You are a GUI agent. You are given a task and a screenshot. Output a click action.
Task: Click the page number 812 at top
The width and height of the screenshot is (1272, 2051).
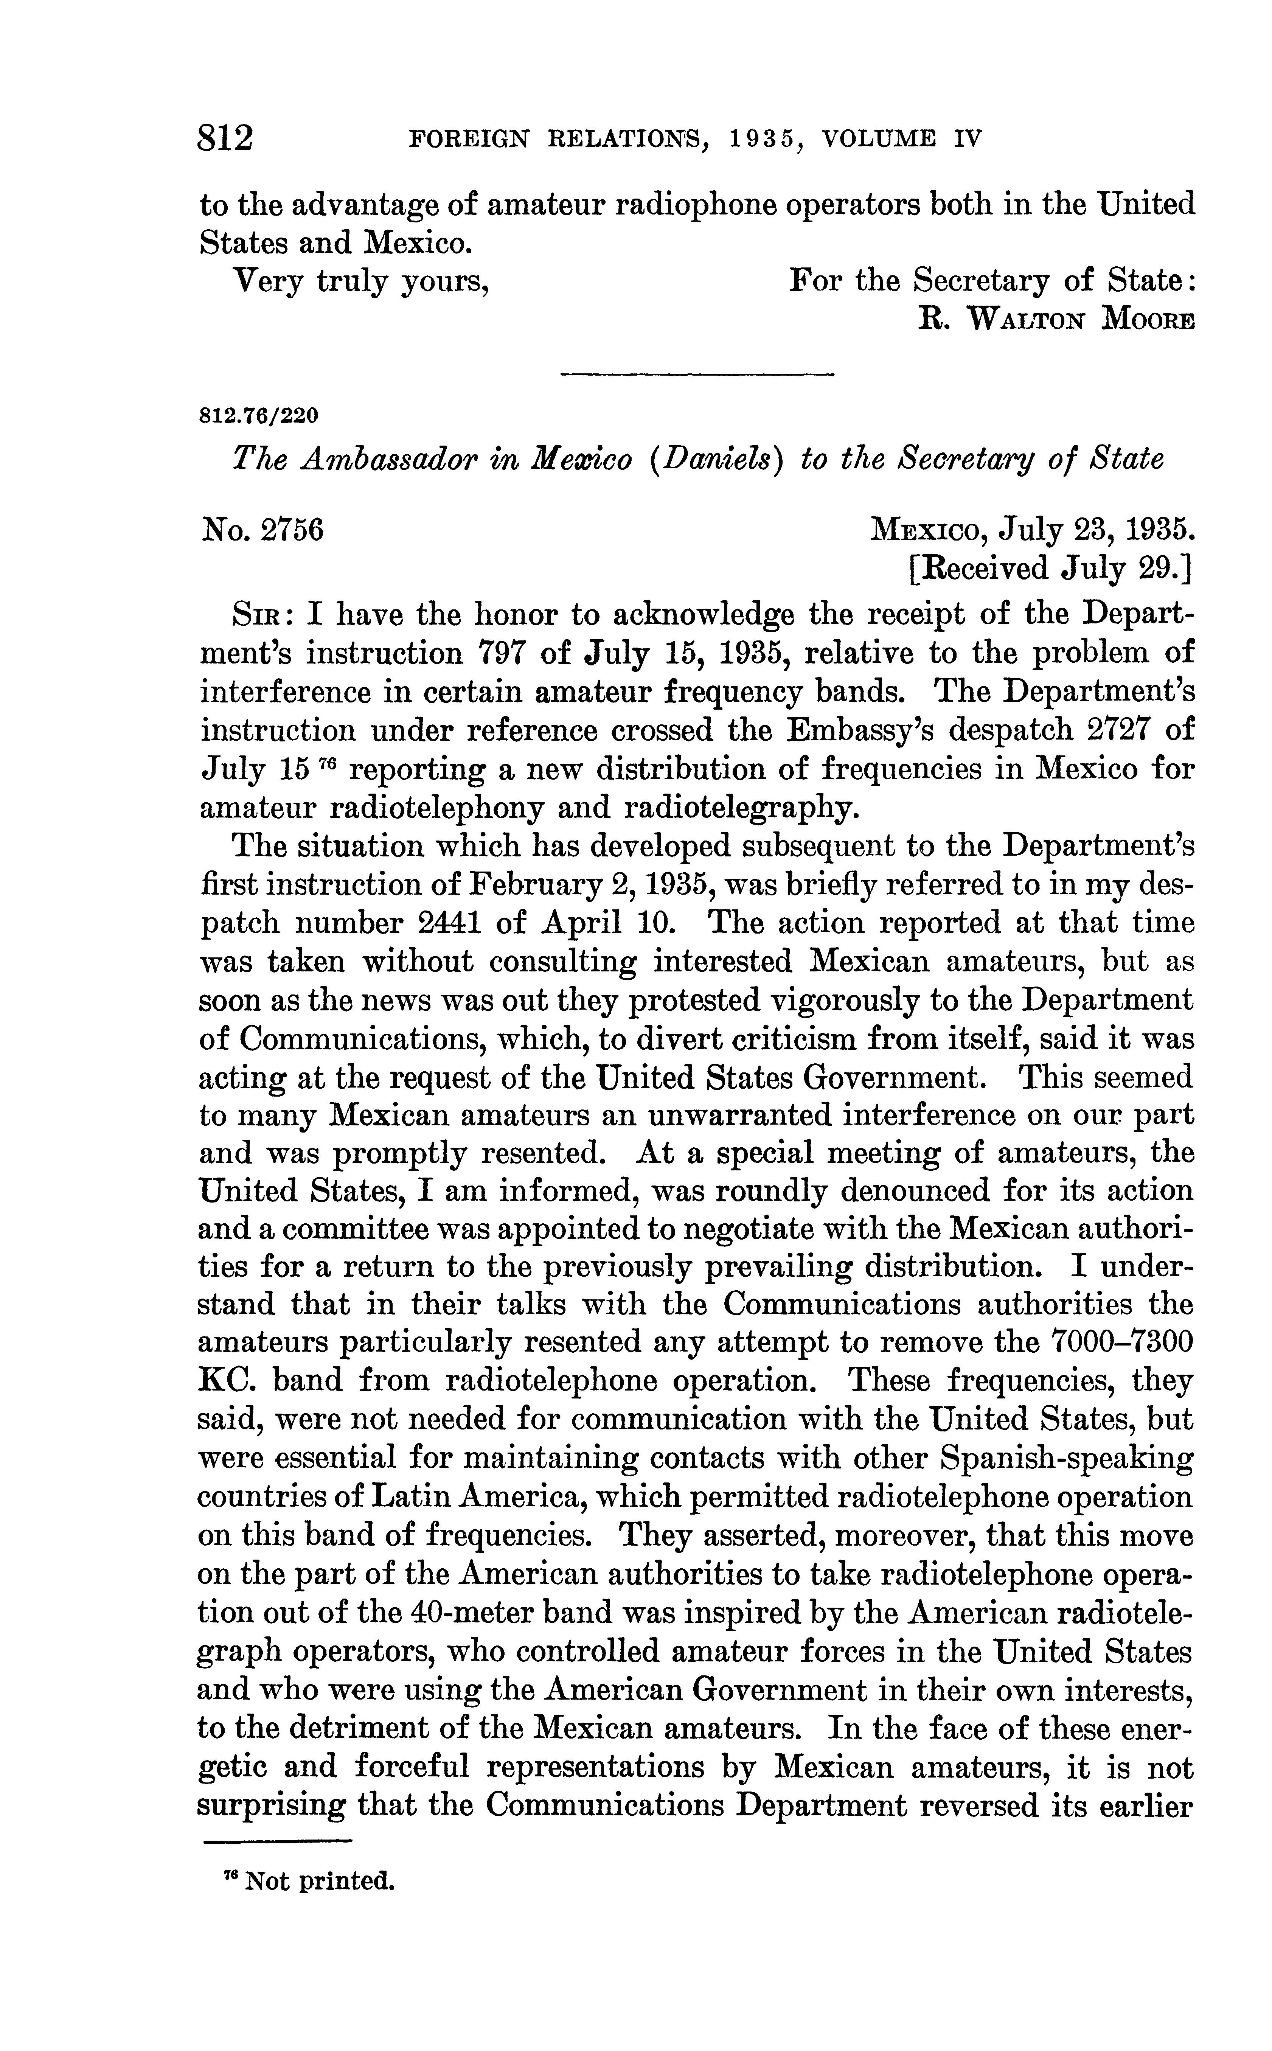[x=225, y=137]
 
